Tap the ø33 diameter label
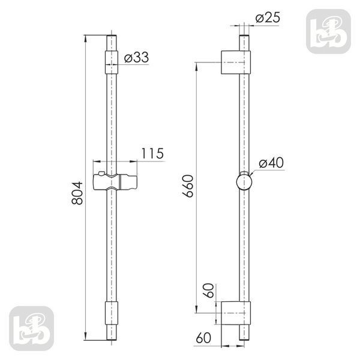136,57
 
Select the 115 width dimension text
152,154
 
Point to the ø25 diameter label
268,17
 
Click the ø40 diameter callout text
271,163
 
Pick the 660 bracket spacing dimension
188,186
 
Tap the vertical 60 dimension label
209,290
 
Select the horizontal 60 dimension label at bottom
203,338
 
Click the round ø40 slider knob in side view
244,182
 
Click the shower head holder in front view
115,182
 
